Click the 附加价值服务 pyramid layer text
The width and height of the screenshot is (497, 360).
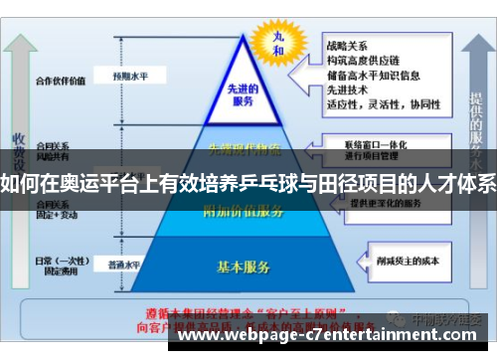(x=243, y=210)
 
